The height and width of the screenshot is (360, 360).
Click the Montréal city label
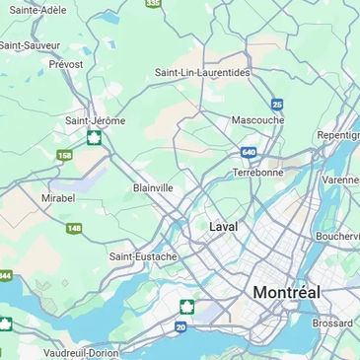[x=286, y=292]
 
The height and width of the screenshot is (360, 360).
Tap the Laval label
[x=223, y=226]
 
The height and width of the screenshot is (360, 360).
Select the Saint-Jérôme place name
[x=95, y=120]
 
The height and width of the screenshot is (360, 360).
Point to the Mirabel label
[x=57, y=197]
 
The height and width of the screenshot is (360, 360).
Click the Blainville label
[x=153, y=187]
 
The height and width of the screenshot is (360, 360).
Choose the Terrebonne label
[x=258, y=172]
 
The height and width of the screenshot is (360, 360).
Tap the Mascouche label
[x=257, y=120]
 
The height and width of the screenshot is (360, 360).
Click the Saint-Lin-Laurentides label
[x=202, y=72]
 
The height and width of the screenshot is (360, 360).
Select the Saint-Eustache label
[x=143, y=256]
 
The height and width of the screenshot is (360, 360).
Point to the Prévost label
[x=66, y=64]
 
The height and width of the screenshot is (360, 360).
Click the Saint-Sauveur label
[x=30, y=44]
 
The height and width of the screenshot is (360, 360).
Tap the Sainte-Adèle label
[x=37, y=10]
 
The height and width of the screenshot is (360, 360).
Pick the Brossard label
[x=332, y=323]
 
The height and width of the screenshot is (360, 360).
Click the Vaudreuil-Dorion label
[x=81, y=352]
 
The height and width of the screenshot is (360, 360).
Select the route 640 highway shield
[x=249, y=153]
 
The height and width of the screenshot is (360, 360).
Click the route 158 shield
[x=64, y=155]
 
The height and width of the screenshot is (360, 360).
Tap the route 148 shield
[x=74, y=228]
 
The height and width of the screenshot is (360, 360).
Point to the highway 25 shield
[x=277, y=104]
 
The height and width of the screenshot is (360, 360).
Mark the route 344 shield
[x=4, y=276]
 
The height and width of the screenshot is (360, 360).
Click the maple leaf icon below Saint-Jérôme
[x=94, y=137]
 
